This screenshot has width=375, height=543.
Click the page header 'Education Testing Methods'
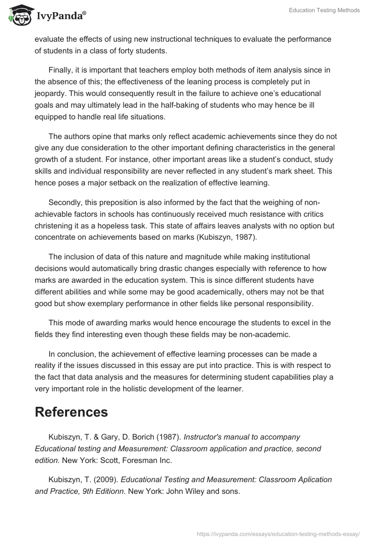coord(324,10)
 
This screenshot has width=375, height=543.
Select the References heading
coord(71,412)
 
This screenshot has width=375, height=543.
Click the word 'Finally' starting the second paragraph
coord(60,70)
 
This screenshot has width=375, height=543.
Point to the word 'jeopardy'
coord(49,93)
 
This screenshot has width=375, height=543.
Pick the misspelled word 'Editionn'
coord(110,491)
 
